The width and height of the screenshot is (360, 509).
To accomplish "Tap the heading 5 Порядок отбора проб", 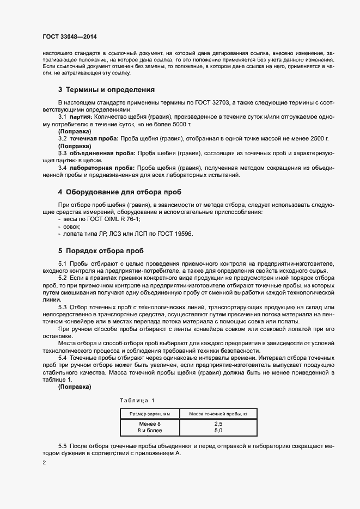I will (x=101, y=251).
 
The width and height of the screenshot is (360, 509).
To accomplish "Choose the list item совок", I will (x=72, y=226).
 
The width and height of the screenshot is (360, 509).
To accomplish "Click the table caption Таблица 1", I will (x=137, y=401).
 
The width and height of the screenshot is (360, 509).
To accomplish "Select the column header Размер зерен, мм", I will (x=150, y=414).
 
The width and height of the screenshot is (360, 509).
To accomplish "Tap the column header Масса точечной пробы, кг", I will (x=218, y=414).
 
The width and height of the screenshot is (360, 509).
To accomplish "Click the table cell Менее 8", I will (x=150, y=424).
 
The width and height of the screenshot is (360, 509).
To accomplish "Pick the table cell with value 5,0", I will (x=218, y=431).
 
